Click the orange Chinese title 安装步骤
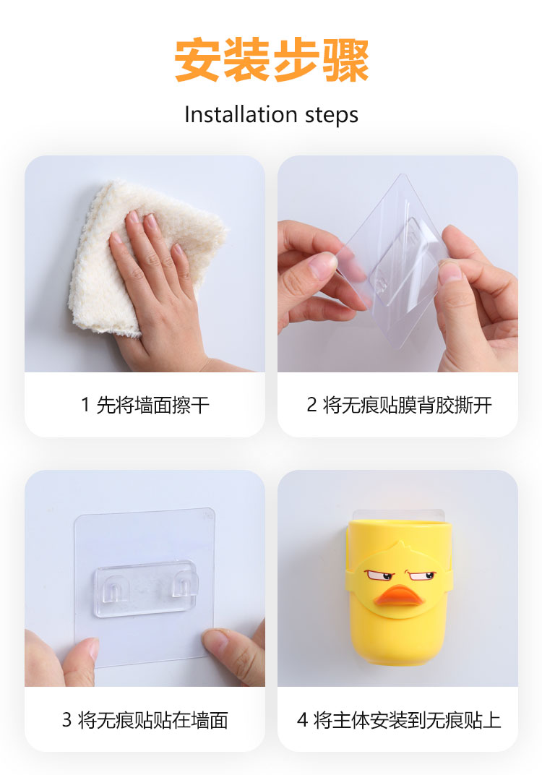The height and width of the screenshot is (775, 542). (271, 60)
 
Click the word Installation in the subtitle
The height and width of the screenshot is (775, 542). (241, 115)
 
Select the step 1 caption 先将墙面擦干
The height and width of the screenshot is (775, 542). (152, 406)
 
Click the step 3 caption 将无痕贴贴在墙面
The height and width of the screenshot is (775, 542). (152, 720)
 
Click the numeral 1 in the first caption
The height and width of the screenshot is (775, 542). (85, 406)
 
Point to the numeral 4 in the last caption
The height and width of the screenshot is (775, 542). (302, 720)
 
